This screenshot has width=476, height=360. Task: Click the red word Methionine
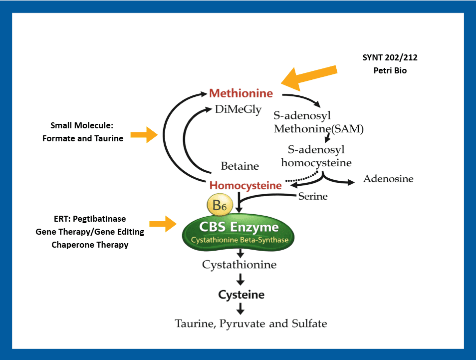point(241,93)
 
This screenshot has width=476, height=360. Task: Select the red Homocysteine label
point(245,185)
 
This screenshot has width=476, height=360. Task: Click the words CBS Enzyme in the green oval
point(239,227)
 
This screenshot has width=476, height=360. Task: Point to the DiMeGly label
point(238,110)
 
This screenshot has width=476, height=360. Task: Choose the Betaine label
point(239,166)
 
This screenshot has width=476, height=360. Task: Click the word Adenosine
point(388,179)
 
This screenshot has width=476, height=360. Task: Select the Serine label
point(313,196)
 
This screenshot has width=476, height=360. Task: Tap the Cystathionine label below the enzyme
point(239,265)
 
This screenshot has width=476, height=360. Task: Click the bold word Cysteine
point(241,295)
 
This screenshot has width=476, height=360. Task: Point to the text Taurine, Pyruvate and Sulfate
point(250,324)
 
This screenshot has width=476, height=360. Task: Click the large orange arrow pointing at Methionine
point(309,75)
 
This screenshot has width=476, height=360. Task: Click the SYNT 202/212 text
point(390,57)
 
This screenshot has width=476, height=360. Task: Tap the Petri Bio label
point(390,70)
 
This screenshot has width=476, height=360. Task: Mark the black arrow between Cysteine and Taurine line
point(240,309)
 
